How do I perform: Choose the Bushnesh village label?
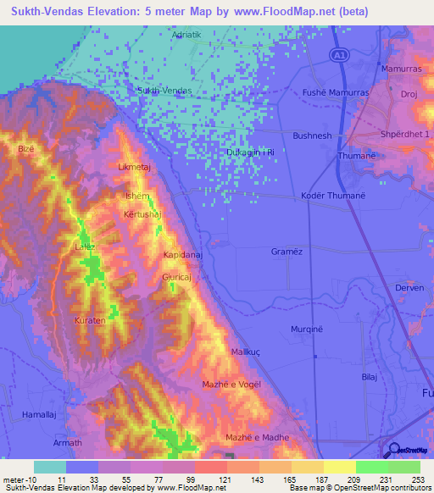click(x=312, y=136)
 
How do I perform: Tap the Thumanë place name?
click(x=356, y=156)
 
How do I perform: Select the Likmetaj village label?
click(x=135, y=168)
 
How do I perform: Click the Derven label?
click(x=409, y=288)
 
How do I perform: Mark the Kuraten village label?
click(x=90, y=322)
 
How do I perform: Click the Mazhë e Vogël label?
click(x=231, y=385)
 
